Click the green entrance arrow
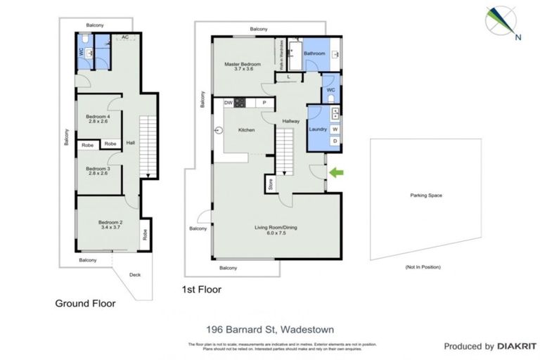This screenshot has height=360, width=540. pyautogui.click(x=338, y=172)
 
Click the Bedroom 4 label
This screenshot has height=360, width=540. pyautogui.click(x=98, y=117)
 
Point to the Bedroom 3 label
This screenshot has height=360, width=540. pyautogui.click(x=98, y=170)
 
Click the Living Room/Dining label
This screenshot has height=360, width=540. pyautogui.click(x=276, y=229)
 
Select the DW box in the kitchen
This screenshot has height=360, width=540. pyautogui.click(x=228, y=103)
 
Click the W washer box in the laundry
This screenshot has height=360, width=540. pyautogui.click(x=334, y=129)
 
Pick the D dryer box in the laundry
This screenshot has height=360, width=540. pyautogui.click(x=334, y=141)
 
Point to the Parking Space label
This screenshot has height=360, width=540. pyautogui.click(x=425, y=195)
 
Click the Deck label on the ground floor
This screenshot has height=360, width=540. pyautogui.click(x=134, y=275)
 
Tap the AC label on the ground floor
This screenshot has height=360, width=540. pyautogui.click(x=124, y=37)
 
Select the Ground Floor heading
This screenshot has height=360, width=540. pyautogui.click(x=85, y=304)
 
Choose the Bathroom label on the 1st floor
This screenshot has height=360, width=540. pyautogui.click(x=314, y=53)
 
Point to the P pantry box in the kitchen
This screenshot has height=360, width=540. pyautogui.click(x=264, y=103)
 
